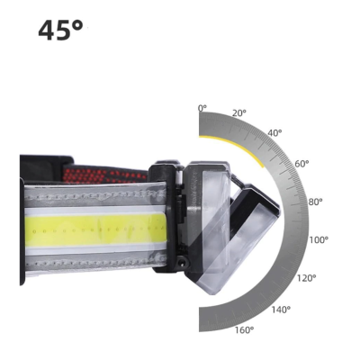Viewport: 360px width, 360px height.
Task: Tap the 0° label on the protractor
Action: coord(202,108)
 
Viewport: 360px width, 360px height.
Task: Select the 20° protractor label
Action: coord(238,113)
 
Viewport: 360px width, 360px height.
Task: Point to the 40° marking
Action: coord(274,132)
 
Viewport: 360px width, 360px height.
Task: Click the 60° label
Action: coord(301,164)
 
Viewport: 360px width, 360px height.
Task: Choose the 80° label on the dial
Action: coord(315,202)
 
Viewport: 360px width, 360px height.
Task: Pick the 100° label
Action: coord(319,240)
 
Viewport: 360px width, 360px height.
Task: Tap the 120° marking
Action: coord(307,278)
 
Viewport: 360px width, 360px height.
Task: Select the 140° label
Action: coord(281,310)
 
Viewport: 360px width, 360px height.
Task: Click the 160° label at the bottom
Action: coord(243,330)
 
